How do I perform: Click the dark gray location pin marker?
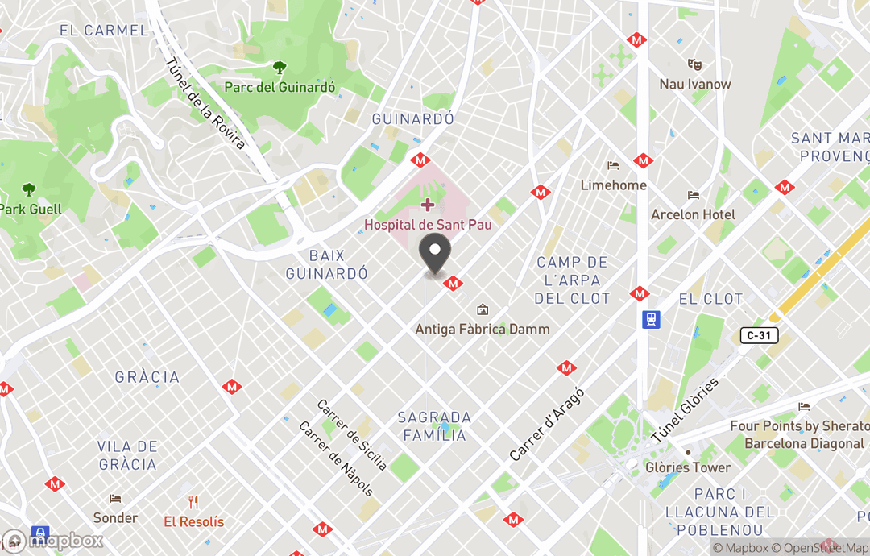click(436, 256)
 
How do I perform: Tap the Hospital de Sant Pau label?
click(428, 225)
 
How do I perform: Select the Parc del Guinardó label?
click(280, 87)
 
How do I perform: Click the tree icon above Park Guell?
click(29, 190)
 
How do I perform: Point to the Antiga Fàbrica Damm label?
click(483, 329)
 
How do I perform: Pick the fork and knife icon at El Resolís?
click(193, 502)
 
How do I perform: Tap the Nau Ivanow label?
click(695, 84)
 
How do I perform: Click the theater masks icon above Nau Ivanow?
click(694, 64)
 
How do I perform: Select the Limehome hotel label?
click(614, 185)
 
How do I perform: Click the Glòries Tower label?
click(688, 467)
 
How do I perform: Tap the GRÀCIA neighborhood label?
click(147, 377)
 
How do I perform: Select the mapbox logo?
click(53, 541)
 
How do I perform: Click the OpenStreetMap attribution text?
click(821, 548)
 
